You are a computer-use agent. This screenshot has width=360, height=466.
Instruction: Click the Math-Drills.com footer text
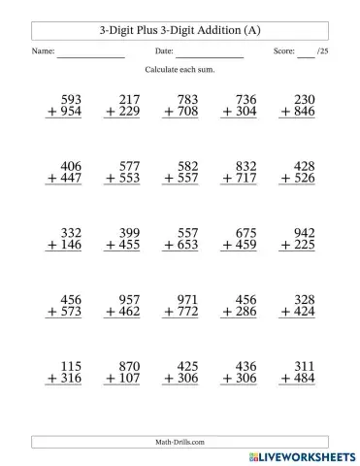180,441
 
